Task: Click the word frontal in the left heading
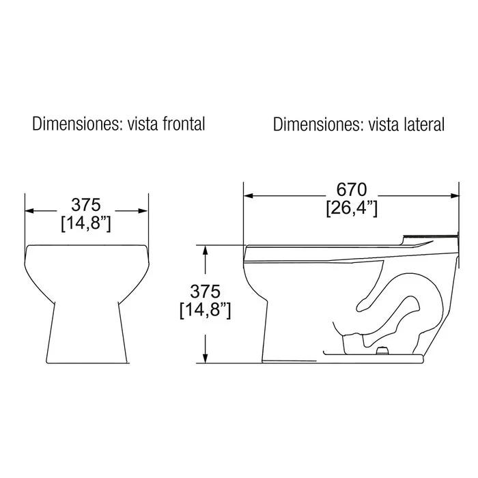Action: (184, 124)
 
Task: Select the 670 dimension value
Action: (352, 190)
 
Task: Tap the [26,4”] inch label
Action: (352, 209)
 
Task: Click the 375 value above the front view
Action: (86, 205)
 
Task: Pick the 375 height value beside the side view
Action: (205, 292)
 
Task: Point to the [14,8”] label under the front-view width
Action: (86, 224)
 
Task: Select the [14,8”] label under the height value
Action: (205, 310)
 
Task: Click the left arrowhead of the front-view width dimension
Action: (29, 210)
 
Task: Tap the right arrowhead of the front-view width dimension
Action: (143, 210)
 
